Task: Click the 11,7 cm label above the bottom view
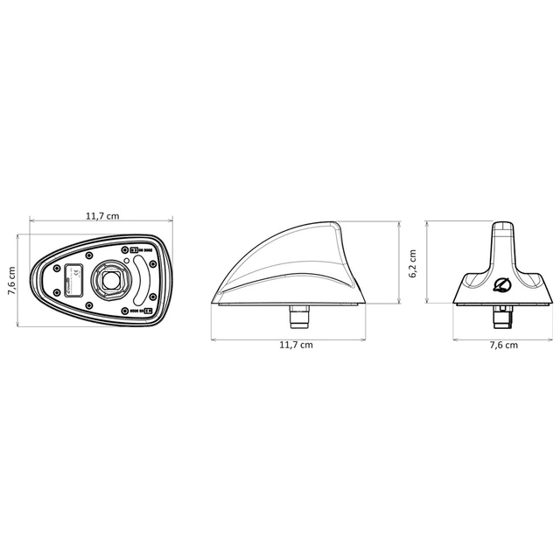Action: pyautogui.click(x=101, y=216)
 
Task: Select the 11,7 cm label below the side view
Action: pyautogui.click(x=296, y=344)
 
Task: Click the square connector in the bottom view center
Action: pyautogui.click(x=111, y=280)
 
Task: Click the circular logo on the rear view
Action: pyautogui.click(x=502, y=285)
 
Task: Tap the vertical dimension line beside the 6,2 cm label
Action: pyautogui.click(x=426, y=262)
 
